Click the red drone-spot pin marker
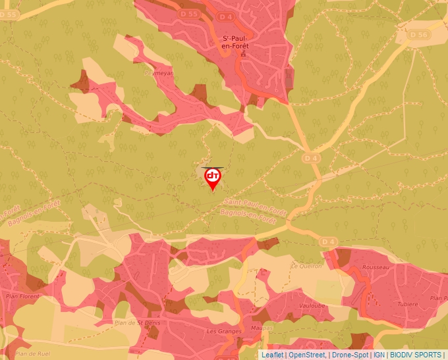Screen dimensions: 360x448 click(x=213, y=178)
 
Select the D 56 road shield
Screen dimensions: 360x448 click(x=418, y=35)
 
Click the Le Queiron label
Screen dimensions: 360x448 click(x=306, y=267)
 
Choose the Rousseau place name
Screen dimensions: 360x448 click(x=377, y=268)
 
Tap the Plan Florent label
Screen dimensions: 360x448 click(x=20, y=296)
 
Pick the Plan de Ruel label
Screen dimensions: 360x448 click(x=33, y=353)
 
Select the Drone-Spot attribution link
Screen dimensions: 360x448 click(x=350, y=355)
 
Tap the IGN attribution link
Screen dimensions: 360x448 click(x=379, y=355)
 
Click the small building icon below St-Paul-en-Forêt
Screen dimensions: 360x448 click(x=242, y=55)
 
